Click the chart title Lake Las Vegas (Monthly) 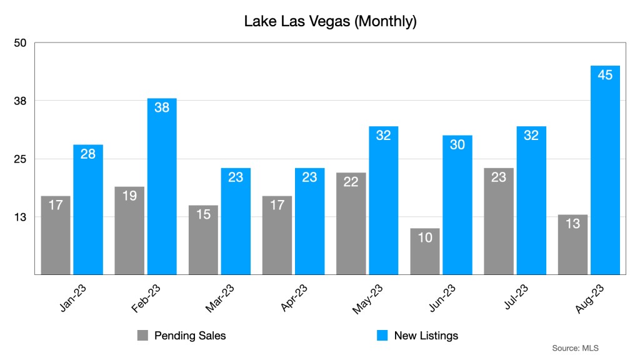click(330, 22)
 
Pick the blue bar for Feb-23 click(162, 187)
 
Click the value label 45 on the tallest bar click(605, 75)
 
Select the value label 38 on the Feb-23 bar click(162, 107)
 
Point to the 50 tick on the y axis click(20, 42)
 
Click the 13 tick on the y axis click(20, 217)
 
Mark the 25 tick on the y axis click(20, 159)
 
